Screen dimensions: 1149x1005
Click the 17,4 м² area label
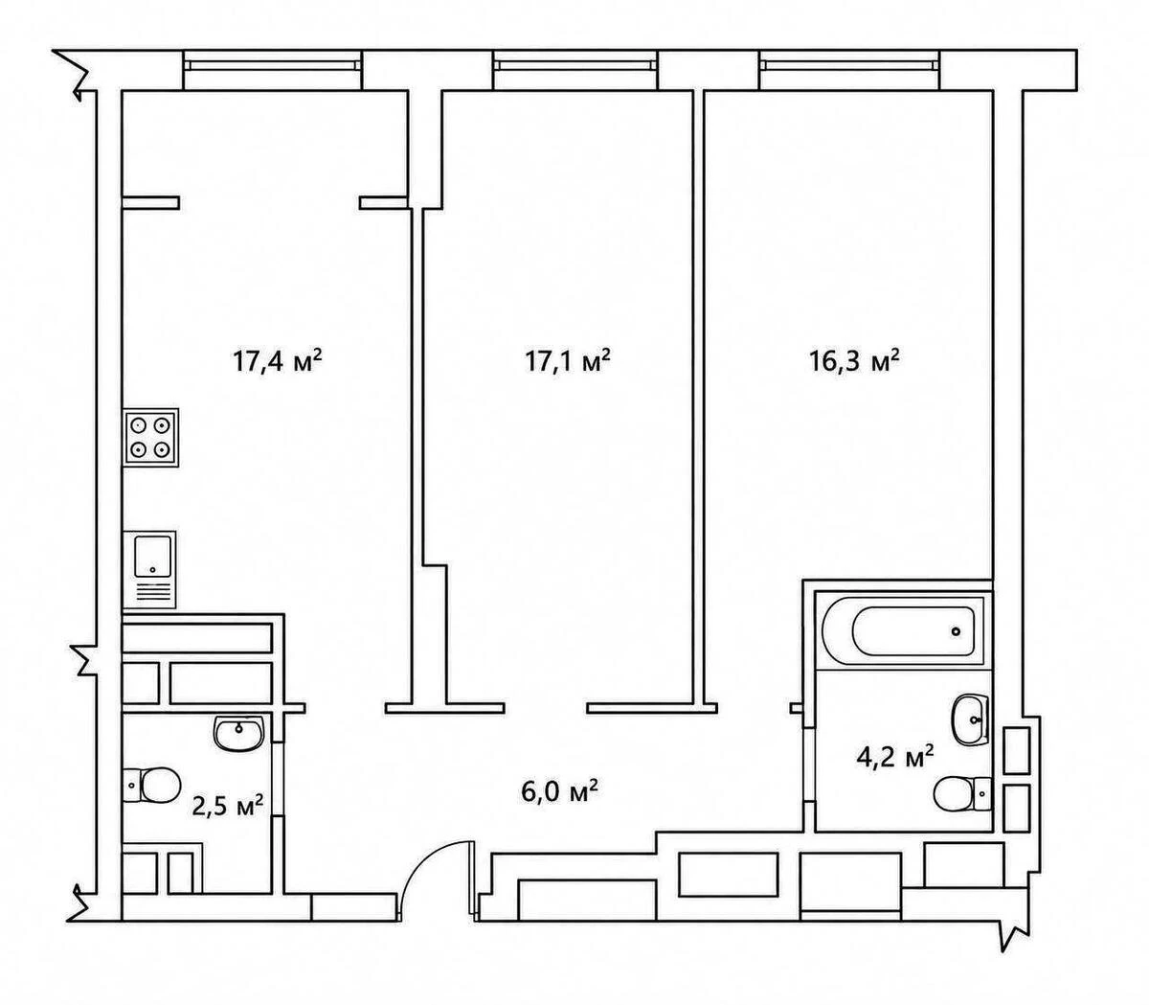[x=278, y=360]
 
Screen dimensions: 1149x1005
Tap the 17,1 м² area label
[x=568, y=360]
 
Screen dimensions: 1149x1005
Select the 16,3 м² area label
[x=854, y=360]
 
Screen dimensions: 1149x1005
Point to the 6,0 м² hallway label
[x=559, y=791]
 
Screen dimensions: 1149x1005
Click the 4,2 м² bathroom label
[x=895, y=758]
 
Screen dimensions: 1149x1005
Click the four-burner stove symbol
[x=150, y=438]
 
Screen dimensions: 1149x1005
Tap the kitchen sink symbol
[x=149, y=569]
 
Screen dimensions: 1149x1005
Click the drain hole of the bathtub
[x=956, y=632]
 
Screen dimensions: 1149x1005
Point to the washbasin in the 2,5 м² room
[x=239, y=734]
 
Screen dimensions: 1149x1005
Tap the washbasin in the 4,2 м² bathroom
[x=970, y=720]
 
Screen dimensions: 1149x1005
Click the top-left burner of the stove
[x=138, y=424]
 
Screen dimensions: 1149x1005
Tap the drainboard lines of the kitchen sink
[x=153, y=592]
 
